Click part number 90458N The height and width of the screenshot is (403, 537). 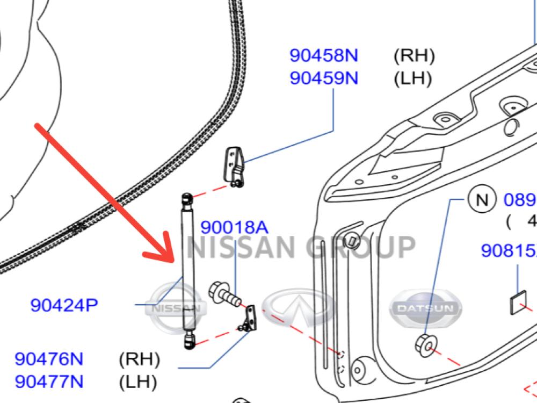[324, 55]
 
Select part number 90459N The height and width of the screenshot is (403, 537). [324, 78]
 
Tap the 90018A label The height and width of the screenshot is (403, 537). [234, 227]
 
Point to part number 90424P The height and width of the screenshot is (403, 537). [64, 306]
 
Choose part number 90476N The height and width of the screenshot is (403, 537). [49, 358]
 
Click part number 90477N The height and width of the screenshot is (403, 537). [49, 382]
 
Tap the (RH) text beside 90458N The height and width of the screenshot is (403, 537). [414, 55]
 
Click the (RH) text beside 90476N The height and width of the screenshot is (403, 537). [139, 358]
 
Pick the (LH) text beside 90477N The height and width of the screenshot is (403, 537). [138, 382]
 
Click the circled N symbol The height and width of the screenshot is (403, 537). [483, 200]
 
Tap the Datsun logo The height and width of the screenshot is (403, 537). [425, 308]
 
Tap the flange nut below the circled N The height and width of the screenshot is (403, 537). [425, 344]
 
